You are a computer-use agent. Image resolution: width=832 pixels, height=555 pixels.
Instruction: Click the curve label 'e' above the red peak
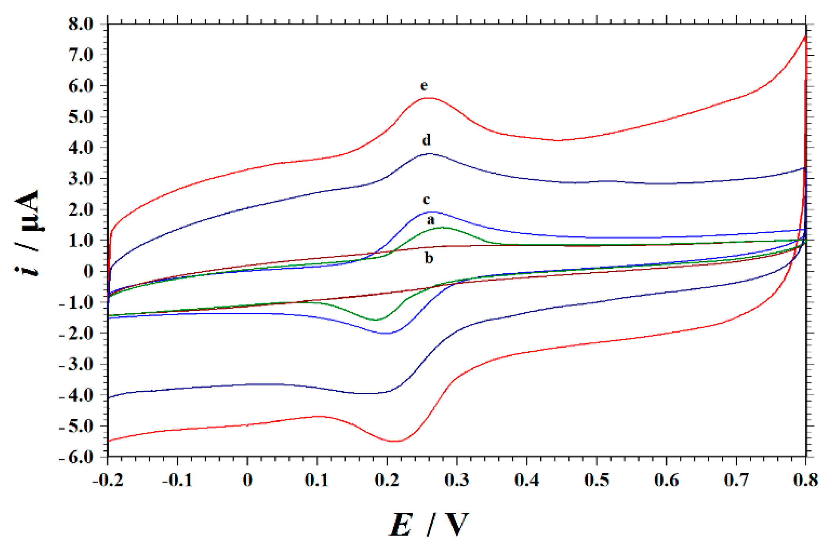click(424, 86)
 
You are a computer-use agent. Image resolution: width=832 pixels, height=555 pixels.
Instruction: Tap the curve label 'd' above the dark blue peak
click(426, 140)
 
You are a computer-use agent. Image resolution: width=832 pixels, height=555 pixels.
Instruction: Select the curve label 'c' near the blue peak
click(426, 199)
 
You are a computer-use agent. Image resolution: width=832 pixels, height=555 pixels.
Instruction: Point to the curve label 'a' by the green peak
click(430, 220)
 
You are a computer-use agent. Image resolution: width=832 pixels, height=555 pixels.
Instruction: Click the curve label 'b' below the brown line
click(429, 258)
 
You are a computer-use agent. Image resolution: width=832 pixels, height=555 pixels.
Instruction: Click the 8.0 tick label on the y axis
click(81, 24)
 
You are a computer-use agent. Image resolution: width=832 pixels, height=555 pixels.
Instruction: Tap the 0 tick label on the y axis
click(88, 272)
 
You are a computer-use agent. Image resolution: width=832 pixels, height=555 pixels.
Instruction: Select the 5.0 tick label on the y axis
click(81, 117)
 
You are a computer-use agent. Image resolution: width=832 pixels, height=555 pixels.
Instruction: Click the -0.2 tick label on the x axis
click(107, 480)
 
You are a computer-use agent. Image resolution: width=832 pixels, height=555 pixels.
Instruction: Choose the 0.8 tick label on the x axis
click(805, 480)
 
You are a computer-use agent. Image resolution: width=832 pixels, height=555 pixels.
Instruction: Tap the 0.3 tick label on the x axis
click(457, 480)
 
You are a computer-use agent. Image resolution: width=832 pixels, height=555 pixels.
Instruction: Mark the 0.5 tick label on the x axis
click(597, 480)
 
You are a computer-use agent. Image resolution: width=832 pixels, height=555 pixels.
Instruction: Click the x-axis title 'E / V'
click(429, 524)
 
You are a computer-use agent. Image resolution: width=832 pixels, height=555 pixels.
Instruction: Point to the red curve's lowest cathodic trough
click(396, 441)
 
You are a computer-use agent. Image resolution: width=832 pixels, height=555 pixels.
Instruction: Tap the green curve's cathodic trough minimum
click(376, 320)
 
